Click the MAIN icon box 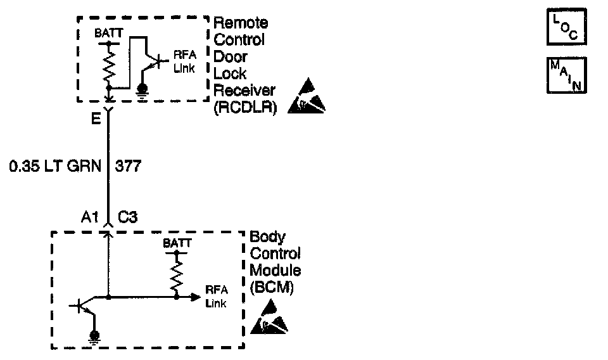(566, 76)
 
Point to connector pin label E (95, 118)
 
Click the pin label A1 (89, 217)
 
